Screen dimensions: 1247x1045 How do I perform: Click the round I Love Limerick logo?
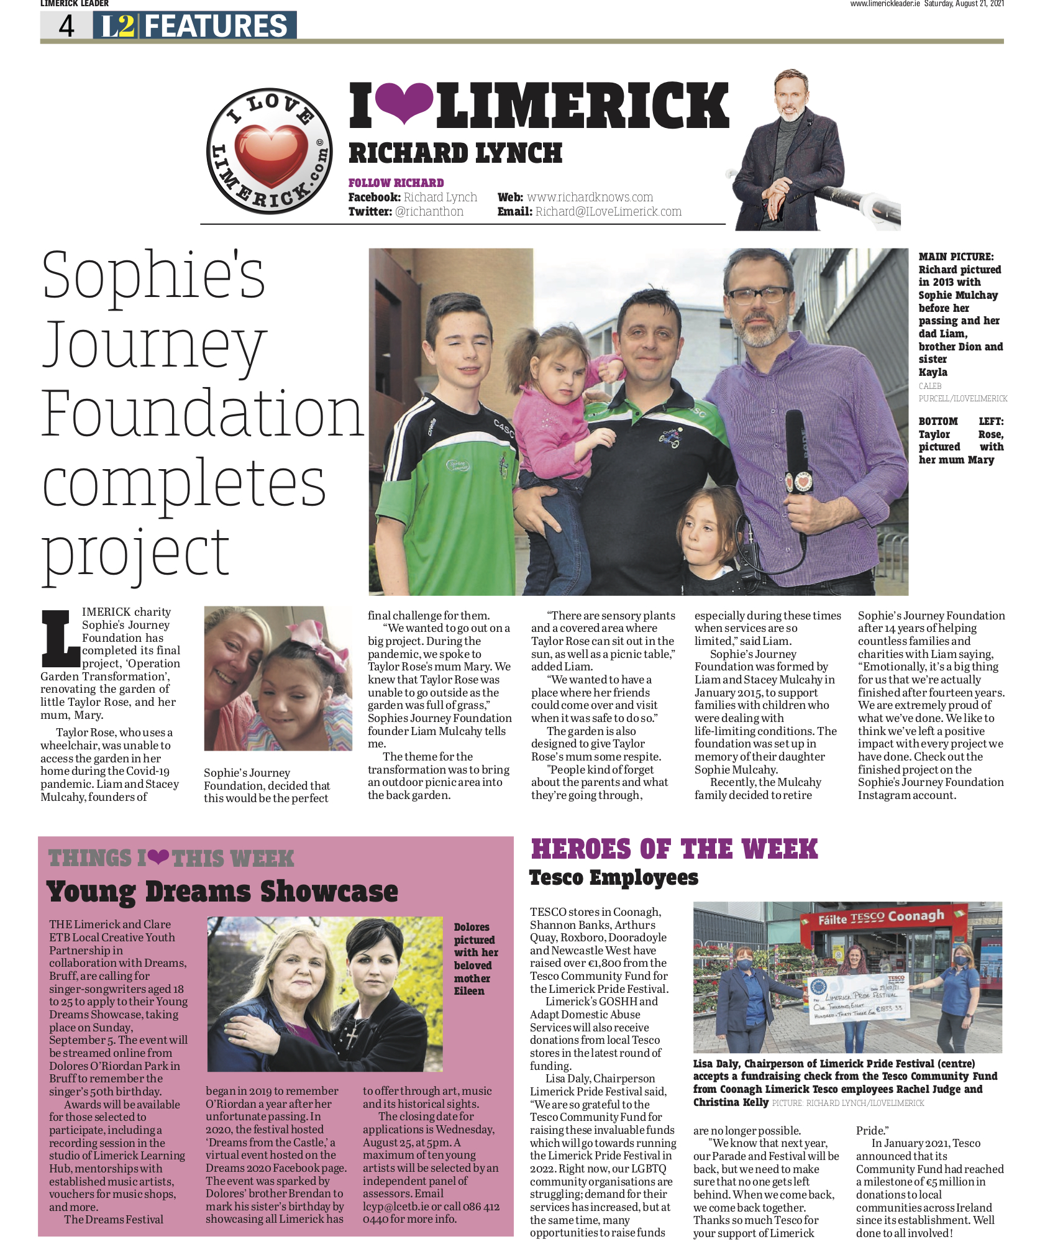point(269,151)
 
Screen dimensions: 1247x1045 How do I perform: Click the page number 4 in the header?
point(66,26)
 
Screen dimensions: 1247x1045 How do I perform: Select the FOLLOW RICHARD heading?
point(396,183)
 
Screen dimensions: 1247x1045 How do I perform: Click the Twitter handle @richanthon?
point(429,211)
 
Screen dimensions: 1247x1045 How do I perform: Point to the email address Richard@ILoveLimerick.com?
point(608,211)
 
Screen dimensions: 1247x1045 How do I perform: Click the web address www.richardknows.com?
point(590,197)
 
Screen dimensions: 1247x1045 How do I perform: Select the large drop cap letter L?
point(60,639)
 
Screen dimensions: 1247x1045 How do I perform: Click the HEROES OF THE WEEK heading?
point(674,849)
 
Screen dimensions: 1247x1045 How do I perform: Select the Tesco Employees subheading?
point(613,877)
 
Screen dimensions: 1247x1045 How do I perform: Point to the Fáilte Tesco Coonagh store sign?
point(881,917)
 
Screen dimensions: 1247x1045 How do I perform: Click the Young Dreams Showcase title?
point(222,892)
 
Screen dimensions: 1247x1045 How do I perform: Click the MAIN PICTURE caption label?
point(956,257)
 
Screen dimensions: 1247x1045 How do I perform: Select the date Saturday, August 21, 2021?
point(964,4)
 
